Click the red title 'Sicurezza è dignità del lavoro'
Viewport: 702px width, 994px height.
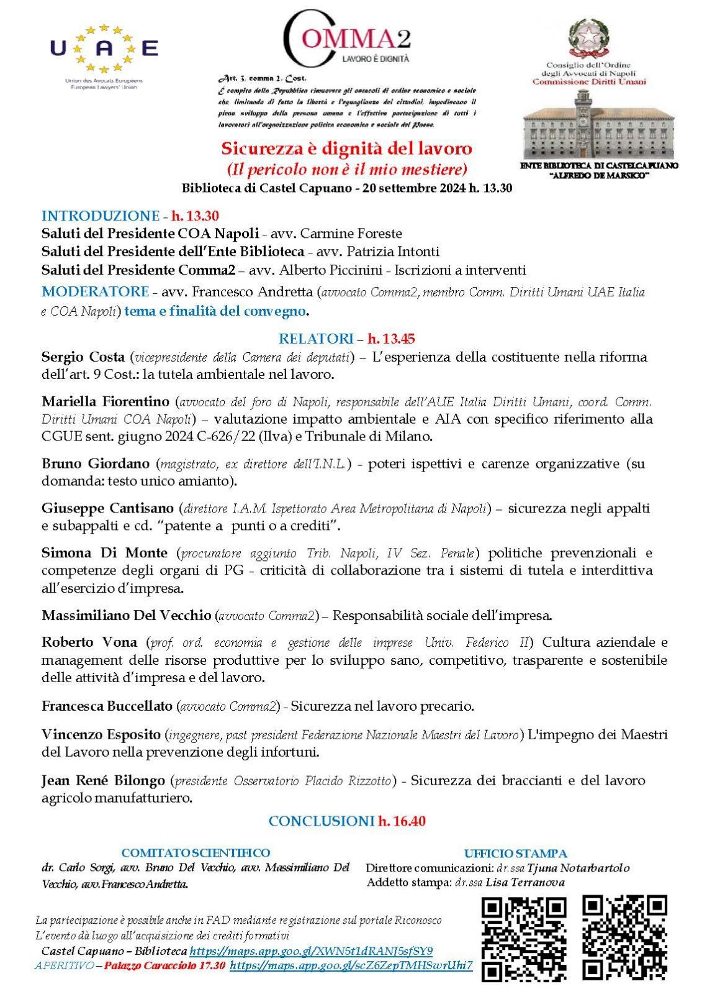[x=347, y=149]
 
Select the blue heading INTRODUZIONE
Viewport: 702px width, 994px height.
[x=100, y=216]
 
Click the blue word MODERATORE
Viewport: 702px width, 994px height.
[x=95, y=291]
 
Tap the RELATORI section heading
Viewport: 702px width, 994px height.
[x=316, y=339]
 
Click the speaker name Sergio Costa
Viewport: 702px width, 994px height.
[x=83, y=357]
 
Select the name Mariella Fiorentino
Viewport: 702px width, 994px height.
[x=106, y=401]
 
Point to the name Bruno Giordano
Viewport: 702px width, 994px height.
[x=96, y=463]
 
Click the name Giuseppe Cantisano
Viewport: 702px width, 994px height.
[x=107, y=508]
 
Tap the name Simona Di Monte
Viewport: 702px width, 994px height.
[x=104, y=553]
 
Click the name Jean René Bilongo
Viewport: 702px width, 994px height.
[x=103, y=780]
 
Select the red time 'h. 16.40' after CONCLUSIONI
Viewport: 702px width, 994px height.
[x=402, y=821]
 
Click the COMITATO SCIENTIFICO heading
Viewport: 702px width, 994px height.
[x=196, y=853]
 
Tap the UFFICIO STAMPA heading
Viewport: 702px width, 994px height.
[x=515, y=854]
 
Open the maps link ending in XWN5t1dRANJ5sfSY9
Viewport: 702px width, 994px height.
[x=311, y=951]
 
